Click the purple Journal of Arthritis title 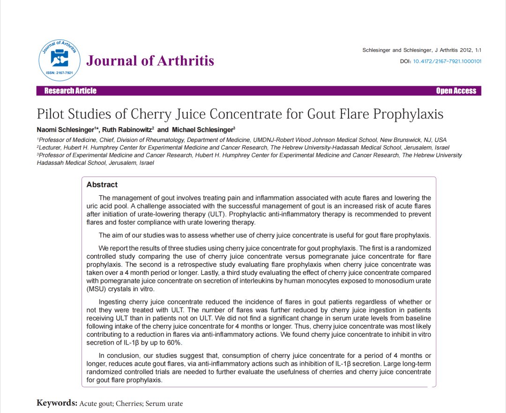click(x=150, y=61)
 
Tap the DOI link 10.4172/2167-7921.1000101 click(x=447, y=61)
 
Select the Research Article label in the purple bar click(x=70, y=91)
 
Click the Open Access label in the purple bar click(x=456, y=91)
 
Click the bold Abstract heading click(x=102, y=185)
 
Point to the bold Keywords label click(x=57, y=403)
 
